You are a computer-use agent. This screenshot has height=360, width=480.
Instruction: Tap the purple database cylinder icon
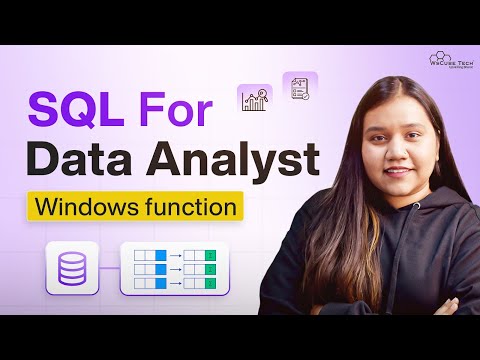pos(73,267)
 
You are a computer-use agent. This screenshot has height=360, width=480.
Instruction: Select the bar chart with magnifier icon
pos(254,99)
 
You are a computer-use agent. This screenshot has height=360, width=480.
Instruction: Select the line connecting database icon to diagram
pos(109,268)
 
